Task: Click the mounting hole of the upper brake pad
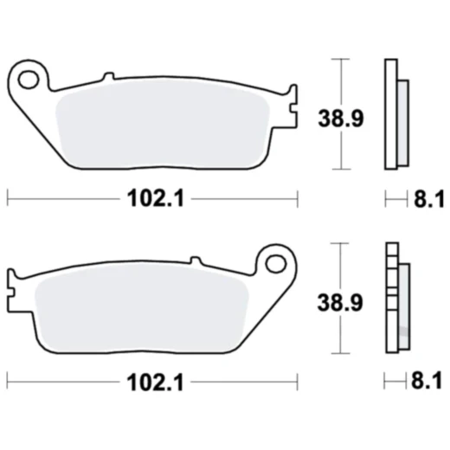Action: click(x=28, y=80)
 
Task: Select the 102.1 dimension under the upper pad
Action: click(x=152, y=200)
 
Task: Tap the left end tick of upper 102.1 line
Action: click(x=8, y=199)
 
